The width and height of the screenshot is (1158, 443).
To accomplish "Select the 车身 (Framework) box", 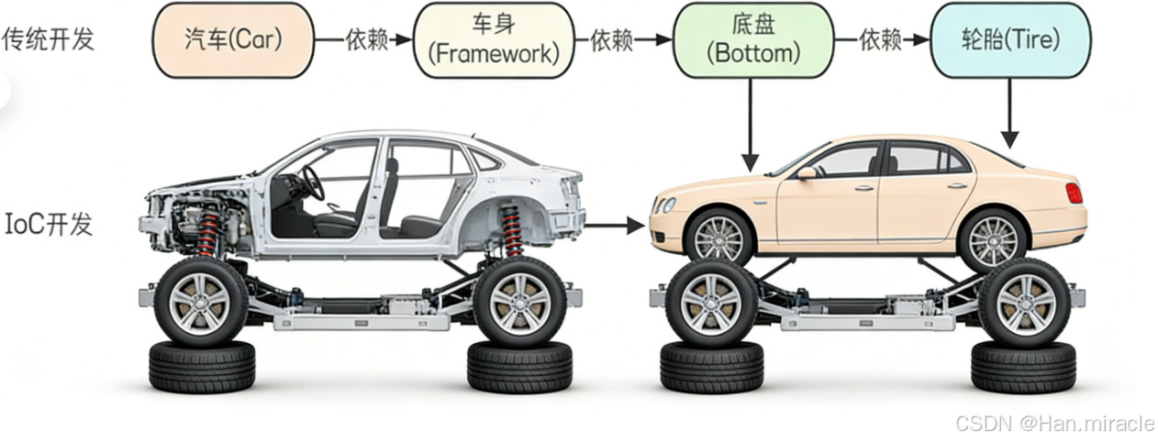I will [495, 40].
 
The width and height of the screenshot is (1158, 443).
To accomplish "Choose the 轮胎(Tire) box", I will [1009, 40].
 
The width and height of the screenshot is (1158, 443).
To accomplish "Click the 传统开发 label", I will [49, 39].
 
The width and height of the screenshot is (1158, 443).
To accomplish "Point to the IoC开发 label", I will [49, 224].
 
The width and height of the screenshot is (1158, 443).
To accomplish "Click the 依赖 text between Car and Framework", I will [365, 40].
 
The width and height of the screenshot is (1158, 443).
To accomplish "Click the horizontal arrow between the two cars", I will [614, 224].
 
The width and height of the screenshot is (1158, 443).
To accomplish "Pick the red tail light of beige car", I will [1073, 193].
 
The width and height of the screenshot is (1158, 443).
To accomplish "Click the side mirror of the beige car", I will [806, 172].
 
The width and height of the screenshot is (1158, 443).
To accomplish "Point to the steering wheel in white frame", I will [313, 183].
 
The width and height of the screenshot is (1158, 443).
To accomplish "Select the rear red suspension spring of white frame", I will [511, 229].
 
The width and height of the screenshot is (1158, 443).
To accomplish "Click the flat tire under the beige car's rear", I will [1023, 367].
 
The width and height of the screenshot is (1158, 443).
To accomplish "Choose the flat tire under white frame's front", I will [202, 367].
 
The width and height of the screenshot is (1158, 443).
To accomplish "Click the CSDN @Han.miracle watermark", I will [1054, 423].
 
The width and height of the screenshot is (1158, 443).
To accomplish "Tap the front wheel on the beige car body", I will [718, 238].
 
